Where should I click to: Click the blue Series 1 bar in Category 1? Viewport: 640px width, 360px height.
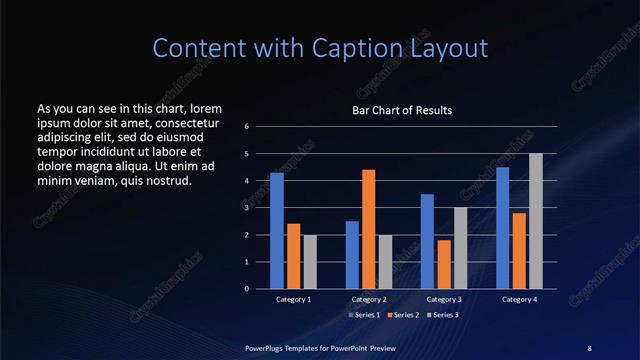point(277,231)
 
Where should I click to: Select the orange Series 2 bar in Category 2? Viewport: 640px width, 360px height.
point(368,229)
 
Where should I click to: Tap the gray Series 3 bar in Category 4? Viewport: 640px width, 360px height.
point(536,221)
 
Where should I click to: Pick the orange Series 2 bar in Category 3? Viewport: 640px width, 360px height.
point(444,264)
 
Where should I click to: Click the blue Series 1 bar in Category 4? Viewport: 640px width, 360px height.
point(503,228)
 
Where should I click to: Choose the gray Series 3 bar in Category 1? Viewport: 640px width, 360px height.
point(309,262)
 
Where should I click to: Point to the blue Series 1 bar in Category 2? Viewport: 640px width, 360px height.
point(352,255)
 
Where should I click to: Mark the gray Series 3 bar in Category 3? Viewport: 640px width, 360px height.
point(460,248)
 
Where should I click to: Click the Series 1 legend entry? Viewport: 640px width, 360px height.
point(365,315)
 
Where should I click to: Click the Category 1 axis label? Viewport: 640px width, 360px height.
point(293,299)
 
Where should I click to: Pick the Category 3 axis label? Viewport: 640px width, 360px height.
point(444,299)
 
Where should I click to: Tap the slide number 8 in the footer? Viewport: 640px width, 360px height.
point(589,347)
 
